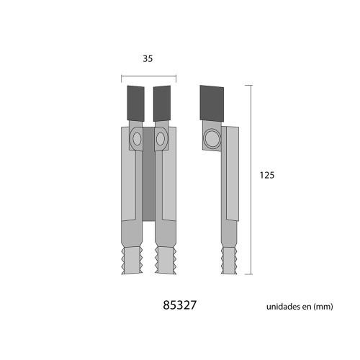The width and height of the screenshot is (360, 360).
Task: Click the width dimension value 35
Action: tap(148, 59)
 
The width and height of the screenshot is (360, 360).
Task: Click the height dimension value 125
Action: tap(268, 174)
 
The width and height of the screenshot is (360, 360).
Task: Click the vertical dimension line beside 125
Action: tap(251, 180)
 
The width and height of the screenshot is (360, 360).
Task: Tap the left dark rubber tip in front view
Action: tap(137, 104)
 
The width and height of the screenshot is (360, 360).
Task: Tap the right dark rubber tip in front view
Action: tap(163, 104)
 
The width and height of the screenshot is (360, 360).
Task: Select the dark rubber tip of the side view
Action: tap(212, 104)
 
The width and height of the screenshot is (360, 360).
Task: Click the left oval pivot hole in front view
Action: tap(137, 138)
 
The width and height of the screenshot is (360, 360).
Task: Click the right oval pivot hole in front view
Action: tap(161, 138)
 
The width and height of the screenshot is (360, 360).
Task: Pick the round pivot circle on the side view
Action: tap(212, 138)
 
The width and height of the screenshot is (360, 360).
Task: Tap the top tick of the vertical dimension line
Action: tap(251, 85)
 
